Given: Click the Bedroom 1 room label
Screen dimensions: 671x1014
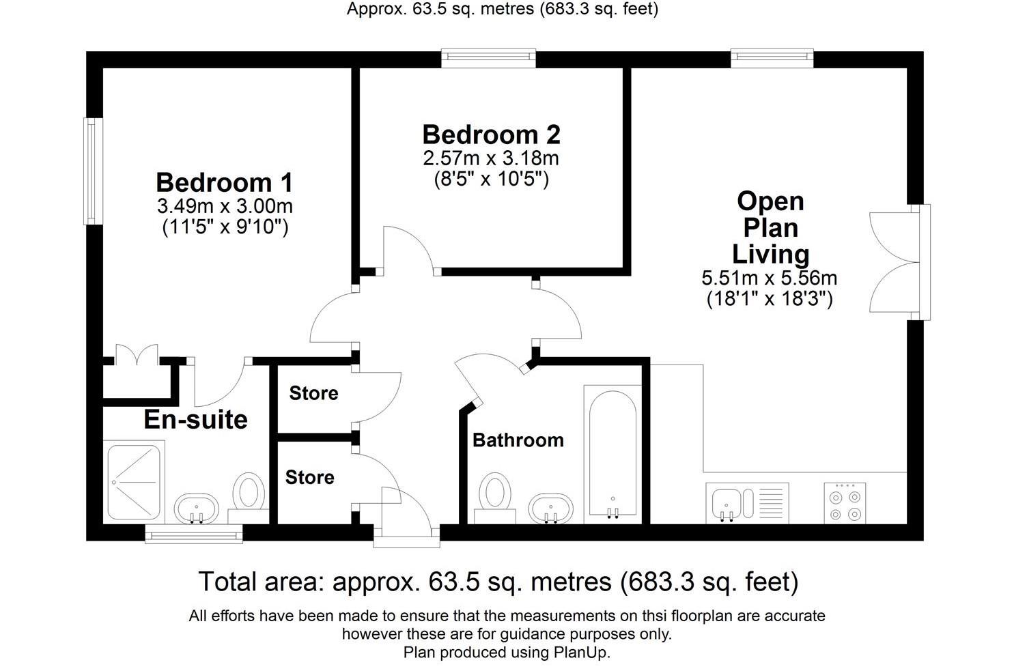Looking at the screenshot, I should click(x=224, y=183).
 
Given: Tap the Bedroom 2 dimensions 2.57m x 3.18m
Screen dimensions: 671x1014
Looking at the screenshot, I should click(x=490, y=158).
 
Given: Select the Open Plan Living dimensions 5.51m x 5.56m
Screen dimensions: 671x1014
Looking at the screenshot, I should click(x=769, y=278).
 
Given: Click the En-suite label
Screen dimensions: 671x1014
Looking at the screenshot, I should click(x=195, y=419).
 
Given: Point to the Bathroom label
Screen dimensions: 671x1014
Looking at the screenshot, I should click(x=518, y=440).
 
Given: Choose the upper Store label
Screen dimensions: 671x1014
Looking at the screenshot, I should click(x=313, y=393).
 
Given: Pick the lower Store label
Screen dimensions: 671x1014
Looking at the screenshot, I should click(x=309, y=477).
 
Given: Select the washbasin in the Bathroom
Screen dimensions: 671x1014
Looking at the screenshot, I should click(x=551, y=509).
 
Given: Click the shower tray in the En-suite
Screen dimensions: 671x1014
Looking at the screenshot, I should click(x=135, y=481).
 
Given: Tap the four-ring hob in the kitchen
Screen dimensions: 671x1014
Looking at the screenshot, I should click(x=845, y=503).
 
